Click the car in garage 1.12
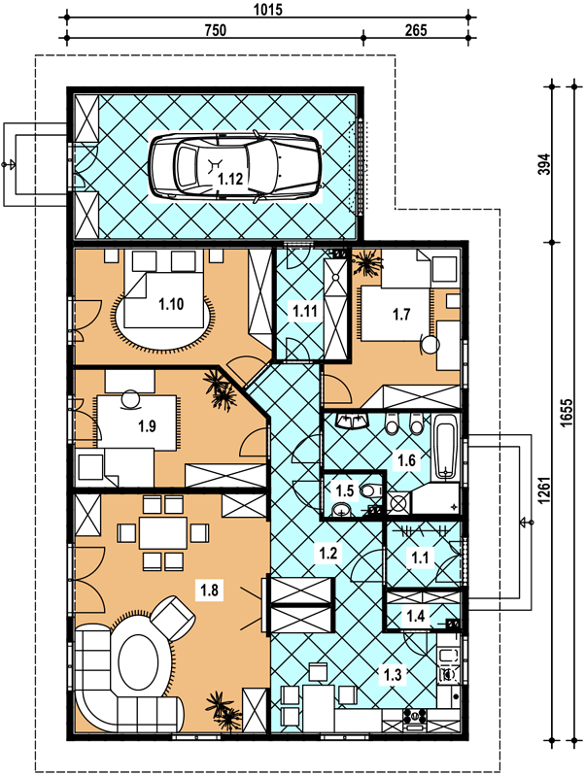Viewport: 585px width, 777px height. tap(235, 166)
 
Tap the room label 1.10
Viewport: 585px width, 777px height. tap(171, 304)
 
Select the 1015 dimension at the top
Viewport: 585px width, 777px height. tap(268, 9)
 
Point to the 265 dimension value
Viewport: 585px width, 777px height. tap(416, 30)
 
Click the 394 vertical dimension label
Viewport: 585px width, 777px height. tap(545, 164)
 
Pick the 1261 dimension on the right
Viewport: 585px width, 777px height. tap(545, 490)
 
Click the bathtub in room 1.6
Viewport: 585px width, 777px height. tap(446, 448)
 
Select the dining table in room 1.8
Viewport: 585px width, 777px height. tap(163, 532)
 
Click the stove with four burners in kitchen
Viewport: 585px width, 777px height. tap(416, 717)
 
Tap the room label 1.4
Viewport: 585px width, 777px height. tap(416, 616)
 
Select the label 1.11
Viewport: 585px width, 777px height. tap(305, 312)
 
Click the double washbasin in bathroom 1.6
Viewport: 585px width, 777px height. tap(352, 422)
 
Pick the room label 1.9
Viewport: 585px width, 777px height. tap(148, 425)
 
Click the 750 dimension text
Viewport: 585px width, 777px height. tap(216, 30)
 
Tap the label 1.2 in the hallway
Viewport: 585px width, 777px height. tap(328, 553)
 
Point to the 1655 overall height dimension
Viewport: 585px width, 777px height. tap(568, 410)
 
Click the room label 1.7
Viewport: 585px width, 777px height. tap(401, 314)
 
